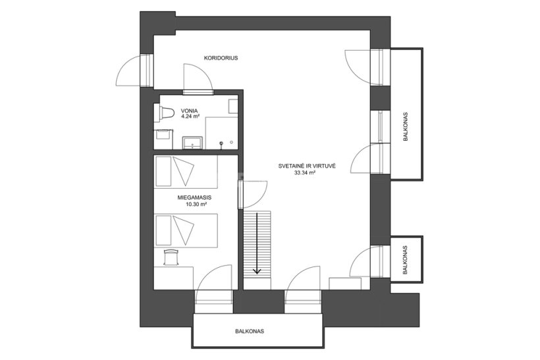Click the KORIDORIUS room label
[x=221, y=58]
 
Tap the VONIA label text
[x=190, y=111]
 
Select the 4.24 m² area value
[x=190, y=116]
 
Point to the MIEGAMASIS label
[x=194, y=198]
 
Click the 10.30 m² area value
[x=196, y=204]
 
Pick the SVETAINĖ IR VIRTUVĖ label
[x=307, y=167]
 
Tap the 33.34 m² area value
[x=305, y=173]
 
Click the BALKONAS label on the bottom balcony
[x=250, y=332]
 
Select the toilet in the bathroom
[x=164, y=114]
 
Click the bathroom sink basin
[x=192, y=142]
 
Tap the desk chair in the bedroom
[x=171, y=257]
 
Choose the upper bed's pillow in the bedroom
[x=163, y=171]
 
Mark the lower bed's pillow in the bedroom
[x=163, y=230]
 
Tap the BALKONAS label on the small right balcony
[x=405, y=260]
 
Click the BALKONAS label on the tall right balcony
[x=406, y=126]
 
